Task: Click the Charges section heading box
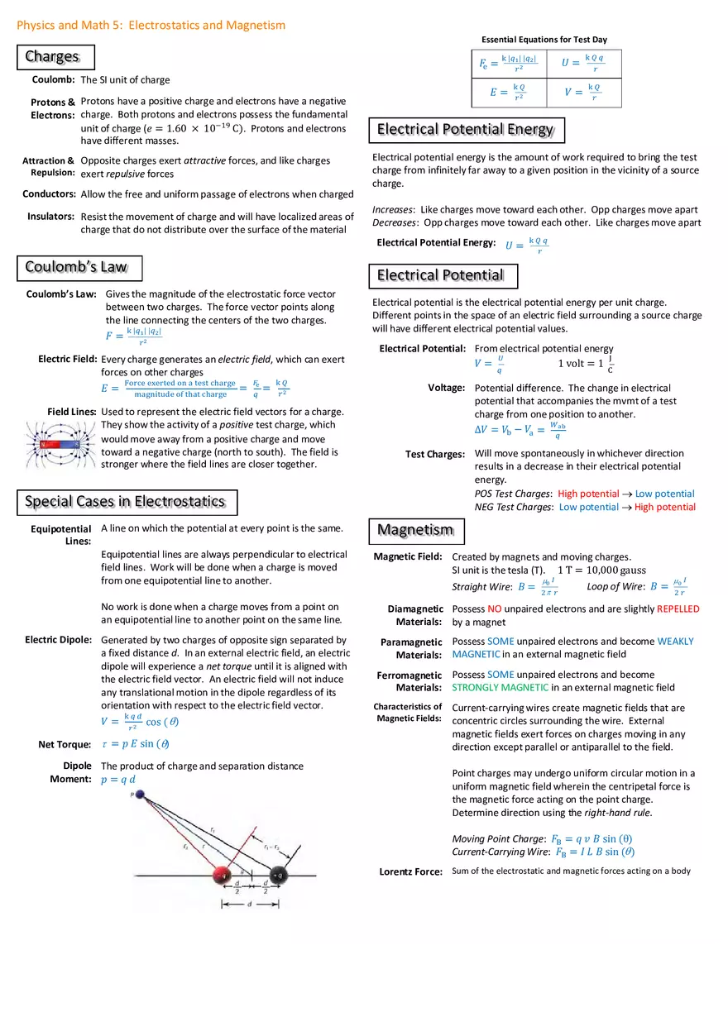click(x=55, y=57)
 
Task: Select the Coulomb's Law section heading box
click(x=79, y=268)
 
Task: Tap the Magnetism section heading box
click(x=416, y=531)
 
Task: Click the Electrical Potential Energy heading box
click(x=466, y=130)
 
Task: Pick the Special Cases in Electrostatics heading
click(x=127, y=502)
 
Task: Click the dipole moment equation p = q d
click(x=118, y=780)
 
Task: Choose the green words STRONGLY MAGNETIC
click(x=500, y=688)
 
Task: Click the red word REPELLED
click(x=678, y=609)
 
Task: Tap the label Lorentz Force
click(x=410, y=871)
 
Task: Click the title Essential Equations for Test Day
click(x=544, y=40)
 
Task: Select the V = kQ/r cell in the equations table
click(x=583, y=92)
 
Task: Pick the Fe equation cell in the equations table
click(x=508, y=64)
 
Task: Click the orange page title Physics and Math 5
click(x=151, y=26)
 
